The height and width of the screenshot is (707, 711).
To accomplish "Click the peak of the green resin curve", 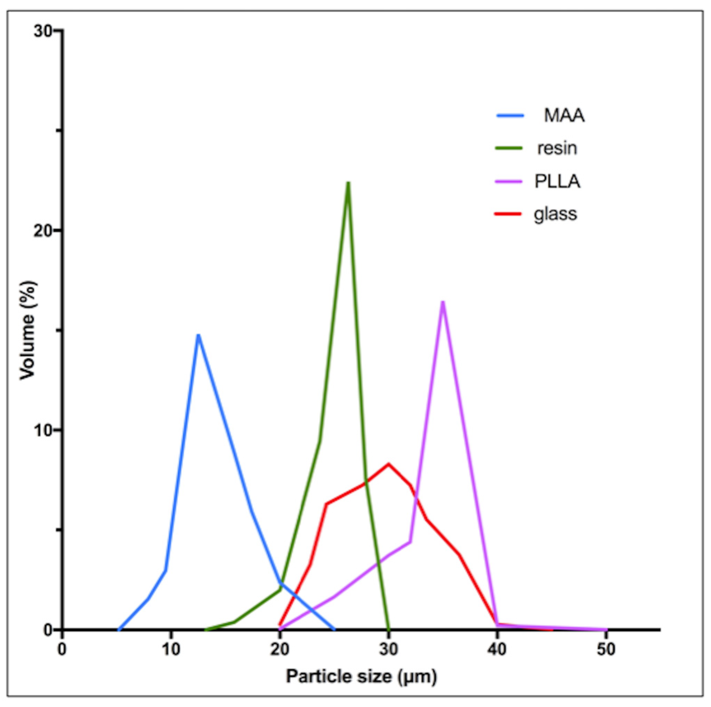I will point(348,183).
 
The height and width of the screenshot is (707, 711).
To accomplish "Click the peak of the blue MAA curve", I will point(198,335).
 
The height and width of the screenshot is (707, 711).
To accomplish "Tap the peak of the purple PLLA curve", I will point(443,302).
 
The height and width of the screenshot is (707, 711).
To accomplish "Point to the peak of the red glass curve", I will point(388,463).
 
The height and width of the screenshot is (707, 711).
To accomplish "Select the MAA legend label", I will point(564,116).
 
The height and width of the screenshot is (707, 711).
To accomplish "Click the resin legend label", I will point(557,148).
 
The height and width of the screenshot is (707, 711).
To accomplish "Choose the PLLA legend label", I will point(557,182).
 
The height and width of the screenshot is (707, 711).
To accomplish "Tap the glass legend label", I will point(555,214).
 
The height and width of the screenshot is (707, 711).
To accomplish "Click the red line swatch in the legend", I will point(508,214).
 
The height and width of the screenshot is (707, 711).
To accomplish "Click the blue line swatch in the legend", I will point(510,115).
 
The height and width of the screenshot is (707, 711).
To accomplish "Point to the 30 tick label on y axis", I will point(43,31).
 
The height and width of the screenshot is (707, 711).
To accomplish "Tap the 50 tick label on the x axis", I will point(606,649).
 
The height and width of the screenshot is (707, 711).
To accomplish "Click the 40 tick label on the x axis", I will point(497,649).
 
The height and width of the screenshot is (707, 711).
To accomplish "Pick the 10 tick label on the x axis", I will point(171,649).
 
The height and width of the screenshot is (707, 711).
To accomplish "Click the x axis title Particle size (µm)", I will point(361,676).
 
